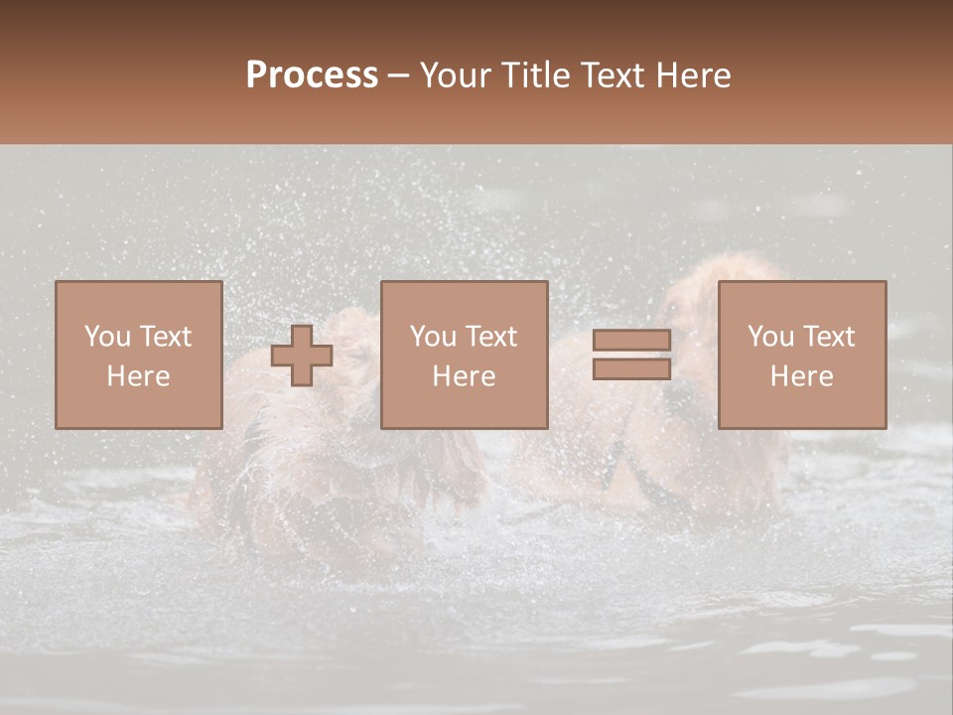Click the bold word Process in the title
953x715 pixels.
312,75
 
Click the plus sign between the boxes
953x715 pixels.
302,356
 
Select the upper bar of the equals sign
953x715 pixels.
631,341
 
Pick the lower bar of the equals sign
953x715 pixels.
631,369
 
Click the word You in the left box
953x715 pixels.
107,337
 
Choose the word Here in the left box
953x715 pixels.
138,376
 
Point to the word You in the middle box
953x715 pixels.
433,337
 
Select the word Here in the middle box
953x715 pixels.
464,376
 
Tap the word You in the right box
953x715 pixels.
770,337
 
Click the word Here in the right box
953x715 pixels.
801,376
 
